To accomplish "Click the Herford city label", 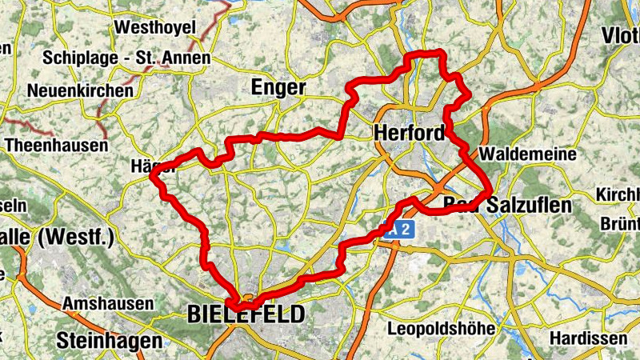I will click(x=408, y=134).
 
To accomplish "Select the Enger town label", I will click(x=278, y=86).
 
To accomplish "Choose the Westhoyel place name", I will click(x=155, y=28).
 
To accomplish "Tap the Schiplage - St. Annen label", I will click(x=127, y=58).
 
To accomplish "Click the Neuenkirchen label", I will click(x=80, y=90).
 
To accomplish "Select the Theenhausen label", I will click(x=56, y=146).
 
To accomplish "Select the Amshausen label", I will click(x=107, y=305).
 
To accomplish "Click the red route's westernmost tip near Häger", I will click(x=153, y=178).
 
